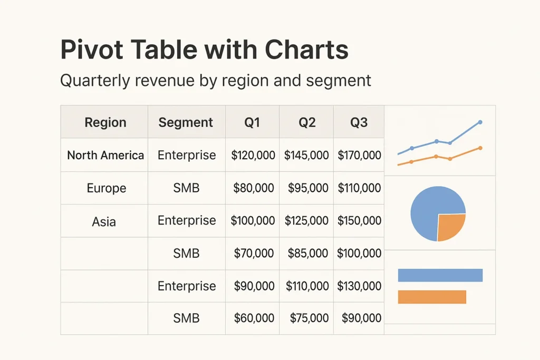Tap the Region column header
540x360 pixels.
tap(105, 122)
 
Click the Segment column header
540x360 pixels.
tap(186, 122)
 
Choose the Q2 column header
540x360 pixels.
tap(307, 122)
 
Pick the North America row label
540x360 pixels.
tap(105, 155)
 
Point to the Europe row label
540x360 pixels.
tap(107, 188)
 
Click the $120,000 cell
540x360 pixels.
tap(253, 155)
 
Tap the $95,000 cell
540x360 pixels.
tap(307, 188)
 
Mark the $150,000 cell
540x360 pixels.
tap(359, 220)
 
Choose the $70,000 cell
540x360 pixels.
tap(254, 254)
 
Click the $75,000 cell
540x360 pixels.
tap(309, 318)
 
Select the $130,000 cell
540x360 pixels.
tap(359, 286)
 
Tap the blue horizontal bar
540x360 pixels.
tap(440, 275)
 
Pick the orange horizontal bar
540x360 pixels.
tap(432, 297)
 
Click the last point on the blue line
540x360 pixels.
tap(480, 122)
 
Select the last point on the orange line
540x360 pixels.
tap(480, 148)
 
